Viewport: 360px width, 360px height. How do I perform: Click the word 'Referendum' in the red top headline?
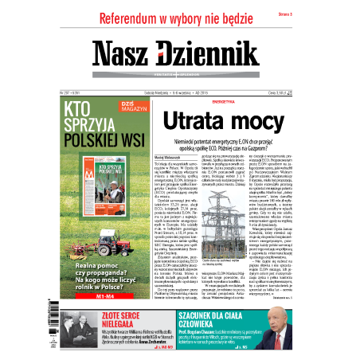[x=131, y=19]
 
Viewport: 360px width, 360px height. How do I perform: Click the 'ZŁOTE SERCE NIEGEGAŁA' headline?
[x=76, y=319]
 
